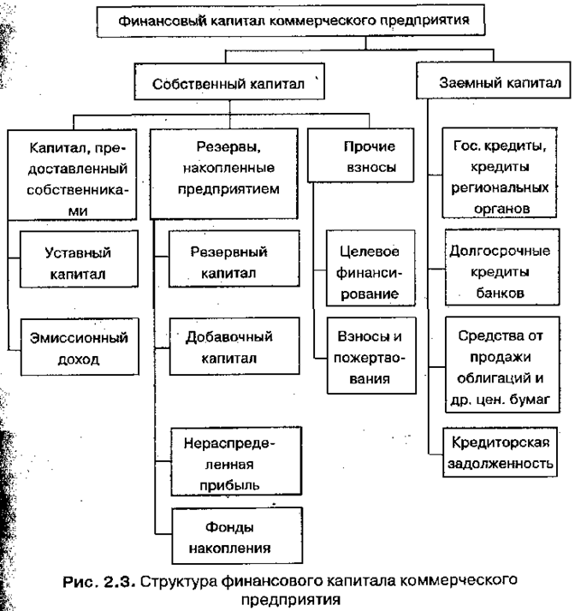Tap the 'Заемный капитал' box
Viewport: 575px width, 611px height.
pyautogui.click(x=492, y=84)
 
